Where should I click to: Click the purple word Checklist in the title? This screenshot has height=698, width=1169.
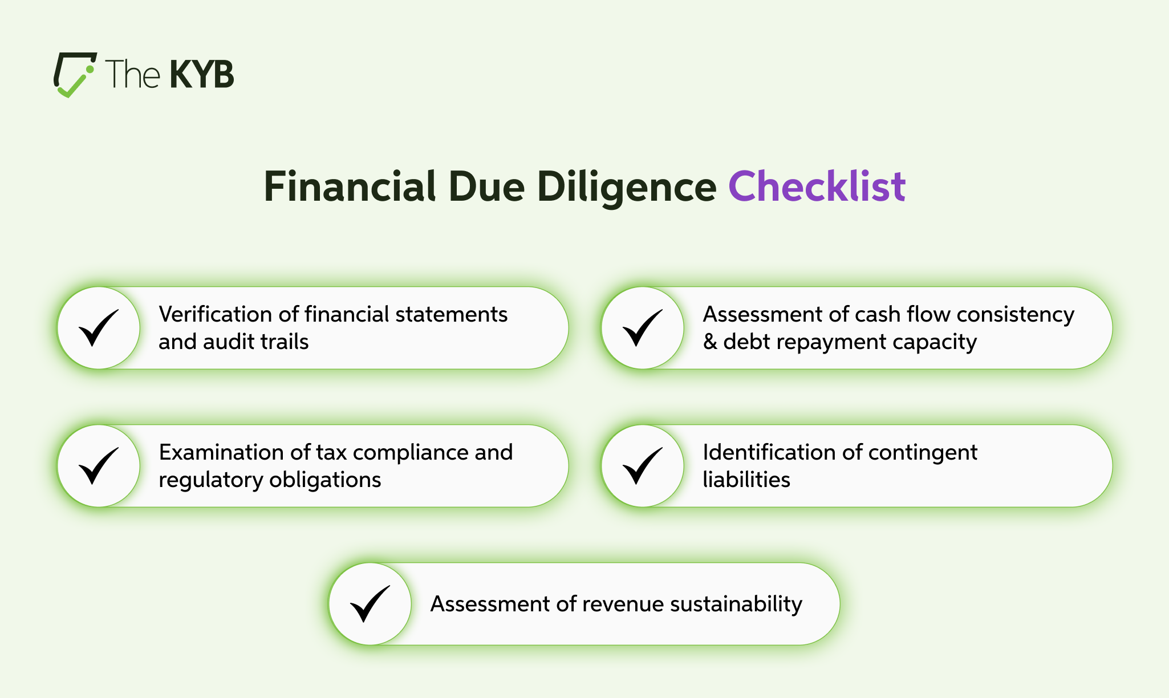tap(817, 186)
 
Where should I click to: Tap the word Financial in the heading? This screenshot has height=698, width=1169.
tap(350, 186)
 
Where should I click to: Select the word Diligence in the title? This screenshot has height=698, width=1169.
tap(627, 188)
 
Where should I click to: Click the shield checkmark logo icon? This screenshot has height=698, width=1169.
tap(75, 75)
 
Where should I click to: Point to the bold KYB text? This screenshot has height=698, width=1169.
tap(202, 75)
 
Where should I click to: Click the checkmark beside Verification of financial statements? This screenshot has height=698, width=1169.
tap(99, 327)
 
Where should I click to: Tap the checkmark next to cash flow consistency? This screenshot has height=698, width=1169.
tap(643, 327)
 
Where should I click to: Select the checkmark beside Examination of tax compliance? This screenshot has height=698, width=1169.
tap(99, 465)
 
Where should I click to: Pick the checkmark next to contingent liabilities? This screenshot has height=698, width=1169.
tap(643, 465)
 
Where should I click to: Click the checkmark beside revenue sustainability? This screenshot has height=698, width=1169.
tap(370, 603)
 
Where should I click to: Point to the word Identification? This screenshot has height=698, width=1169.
tap(769, 452)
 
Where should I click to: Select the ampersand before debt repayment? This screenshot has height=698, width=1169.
tap(710, 342)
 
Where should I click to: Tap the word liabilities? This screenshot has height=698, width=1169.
tap(746, 480)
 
